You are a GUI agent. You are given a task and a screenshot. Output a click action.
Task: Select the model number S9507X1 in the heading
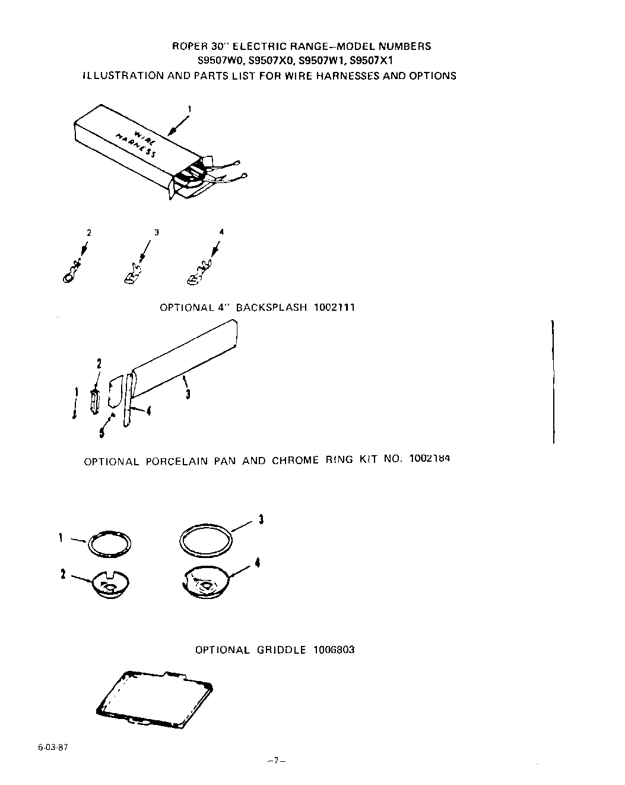pyautogui.click(x=372, y=61)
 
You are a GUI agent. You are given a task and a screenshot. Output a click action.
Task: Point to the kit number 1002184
pyautogui.click(x=429, y=459)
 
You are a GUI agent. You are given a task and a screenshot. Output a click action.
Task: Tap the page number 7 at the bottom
pyautogui.click(x=277, y=760)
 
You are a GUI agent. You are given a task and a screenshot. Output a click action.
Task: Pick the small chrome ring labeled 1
pyautogui.click(x=110, y=544)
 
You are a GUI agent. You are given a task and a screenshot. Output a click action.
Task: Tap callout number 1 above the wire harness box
pyautogui.click(x=189, y=109)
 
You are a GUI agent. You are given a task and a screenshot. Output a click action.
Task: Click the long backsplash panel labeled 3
pyautogui.click(x=184, y=357)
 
